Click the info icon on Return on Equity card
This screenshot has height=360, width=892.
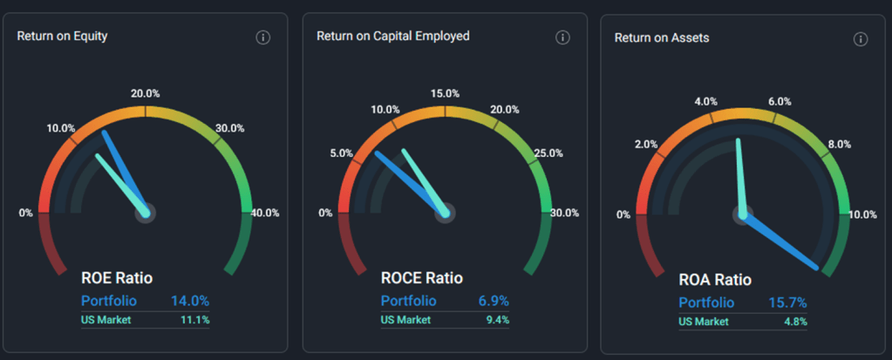(x=263, y=37)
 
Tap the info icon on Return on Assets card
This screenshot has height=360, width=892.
(x=861, y=39)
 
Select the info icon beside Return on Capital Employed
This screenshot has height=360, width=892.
(x=562, y=37)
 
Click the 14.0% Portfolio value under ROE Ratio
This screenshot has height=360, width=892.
(x=189, y=301)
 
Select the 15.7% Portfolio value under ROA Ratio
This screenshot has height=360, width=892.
(x=786, y=302)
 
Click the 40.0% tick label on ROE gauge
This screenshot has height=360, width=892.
(x=265, y=213)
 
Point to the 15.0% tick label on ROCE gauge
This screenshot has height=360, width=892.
(x=445, y=94)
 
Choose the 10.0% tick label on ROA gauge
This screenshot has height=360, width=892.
(x=862, y=215)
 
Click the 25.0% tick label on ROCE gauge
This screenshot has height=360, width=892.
(x=548, y=153)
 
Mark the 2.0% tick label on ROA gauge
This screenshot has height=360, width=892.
(x=646, y=145)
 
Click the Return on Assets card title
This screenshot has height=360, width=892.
(x=661, y=38)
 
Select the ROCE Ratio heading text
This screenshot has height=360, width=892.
(x=422, y=279)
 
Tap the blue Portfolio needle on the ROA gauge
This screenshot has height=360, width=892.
(x=785, y=244)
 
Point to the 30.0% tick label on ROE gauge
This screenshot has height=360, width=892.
(x=229, y=128)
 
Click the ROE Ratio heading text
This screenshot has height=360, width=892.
(x=117, y=279)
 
